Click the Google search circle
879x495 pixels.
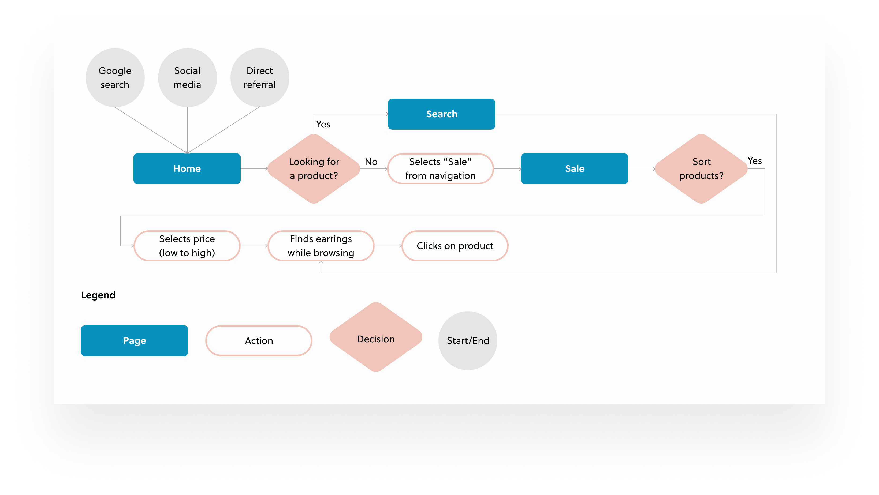pyautogui.click(x=115, y=77)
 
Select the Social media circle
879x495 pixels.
pyautogui.click(x=187, y=77)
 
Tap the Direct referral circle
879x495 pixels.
pyautogui.click(x=260, y=77)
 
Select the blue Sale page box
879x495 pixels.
pyautogui.click(x=574, y=168)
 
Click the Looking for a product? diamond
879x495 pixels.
pyautogui.click(x=314, y=168)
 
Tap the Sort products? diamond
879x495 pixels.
pyautogui.click(x=701, y=168)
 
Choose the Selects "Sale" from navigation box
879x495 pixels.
pyautogui.click(x=440, y=168)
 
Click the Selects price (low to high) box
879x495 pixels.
pyautogui.click(x=187, y=246)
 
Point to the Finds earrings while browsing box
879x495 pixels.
pyautogui.click(x=321, y=246)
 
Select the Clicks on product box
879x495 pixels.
pyautogui.click(x=455, y=246)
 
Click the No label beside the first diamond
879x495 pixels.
pyautogui.click(x=371, y=162)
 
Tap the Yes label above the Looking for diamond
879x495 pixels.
pyautogui.click(x=323, y=124)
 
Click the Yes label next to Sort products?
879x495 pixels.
pyautogui.click(x=754, y=161)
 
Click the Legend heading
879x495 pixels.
pyautogui.click(x=98, y=295)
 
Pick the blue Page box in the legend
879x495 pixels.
pyautogui.click(x=135, y=340)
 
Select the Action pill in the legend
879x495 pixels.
pyautogui.click(x=259, y=340)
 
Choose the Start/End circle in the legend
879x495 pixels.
pyautogui.click(x=468, y=340)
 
